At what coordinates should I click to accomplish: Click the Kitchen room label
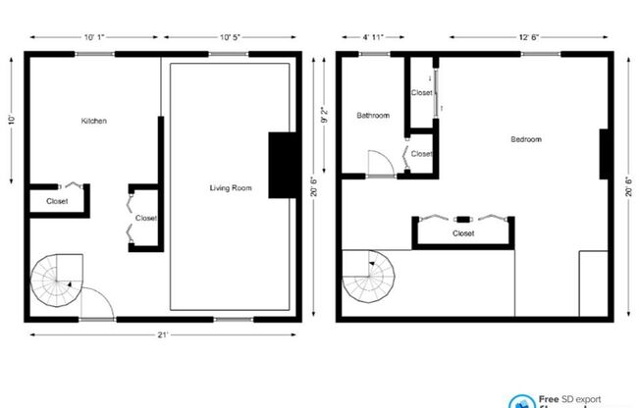click(94, 121)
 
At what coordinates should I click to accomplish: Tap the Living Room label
click(231, 187)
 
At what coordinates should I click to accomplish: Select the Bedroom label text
click(525, 139)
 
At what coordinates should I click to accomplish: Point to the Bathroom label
click(372, 116)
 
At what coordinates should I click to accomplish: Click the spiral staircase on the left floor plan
click(57, 281)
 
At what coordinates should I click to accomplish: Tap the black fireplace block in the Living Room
click(282, 165)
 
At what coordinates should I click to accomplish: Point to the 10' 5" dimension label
click(231, 37)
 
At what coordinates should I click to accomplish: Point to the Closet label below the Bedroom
click(463, 234)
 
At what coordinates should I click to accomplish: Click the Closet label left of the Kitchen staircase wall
click(57, 202)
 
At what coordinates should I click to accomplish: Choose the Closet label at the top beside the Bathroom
click(421, 92)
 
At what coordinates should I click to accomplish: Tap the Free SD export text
click(570, 399)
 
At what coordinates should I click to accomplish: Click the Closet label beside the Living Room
click(145, 218)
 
